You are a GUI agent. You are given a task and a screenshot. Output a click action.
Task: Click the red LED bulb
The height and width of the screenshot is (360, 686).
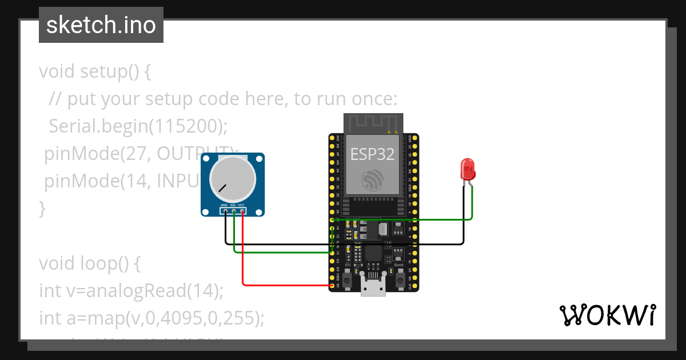468,169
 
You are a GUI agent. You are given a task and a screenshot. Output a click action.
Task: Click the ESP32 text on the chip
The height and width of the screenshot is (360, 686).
373,154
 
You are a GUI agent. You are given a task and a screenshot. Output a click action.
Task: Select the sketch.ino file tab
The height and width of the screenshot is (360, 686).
101,25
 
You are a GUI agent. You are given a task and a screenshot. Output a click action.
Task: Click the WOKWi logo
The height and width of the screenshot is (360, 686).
607,315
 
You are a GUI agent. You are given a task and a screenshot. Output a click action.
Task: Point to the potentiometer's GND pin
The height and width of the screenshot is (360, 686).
225,211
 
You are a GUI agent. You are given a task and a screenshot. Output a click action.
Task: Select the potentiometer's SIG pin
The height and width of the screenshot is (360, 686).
234,211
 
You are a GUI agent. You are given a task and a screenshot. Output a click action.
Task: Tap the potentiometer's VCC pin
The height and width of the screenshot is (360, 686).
242,211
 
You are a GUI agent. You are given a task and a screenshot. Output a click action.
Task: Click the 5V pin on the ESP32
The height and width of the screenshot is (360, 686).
333,285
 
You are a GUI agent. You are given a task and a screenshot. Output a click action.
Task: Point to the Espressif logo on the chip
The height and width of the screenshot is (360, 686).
373,179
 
